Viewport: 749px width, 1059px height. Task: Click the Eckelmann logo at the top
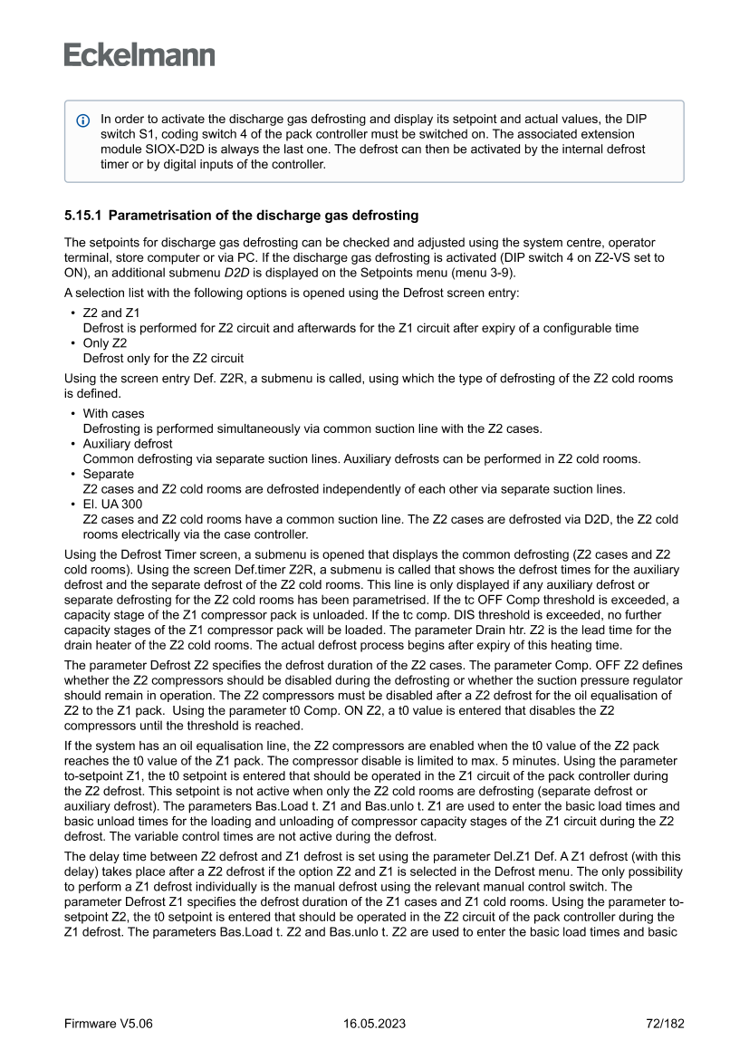[139, 54]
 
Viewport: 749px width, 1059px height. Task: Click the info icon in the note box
[83, 120]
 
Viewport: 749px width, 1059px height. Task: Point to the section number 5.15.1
[82, 216]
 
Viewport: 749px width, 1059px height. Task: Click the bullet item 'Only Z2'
[104, 343]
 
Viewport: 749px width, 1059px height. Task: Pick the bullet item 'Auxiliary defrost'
[127, 444]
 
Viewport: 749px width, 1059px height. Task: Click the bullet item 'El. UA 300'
[112, 504]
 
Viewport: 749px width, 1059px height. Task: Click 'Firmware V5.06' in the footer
[108, 1023]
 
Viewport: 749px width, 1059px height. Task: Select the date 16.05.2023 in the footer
[374, 1023]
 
